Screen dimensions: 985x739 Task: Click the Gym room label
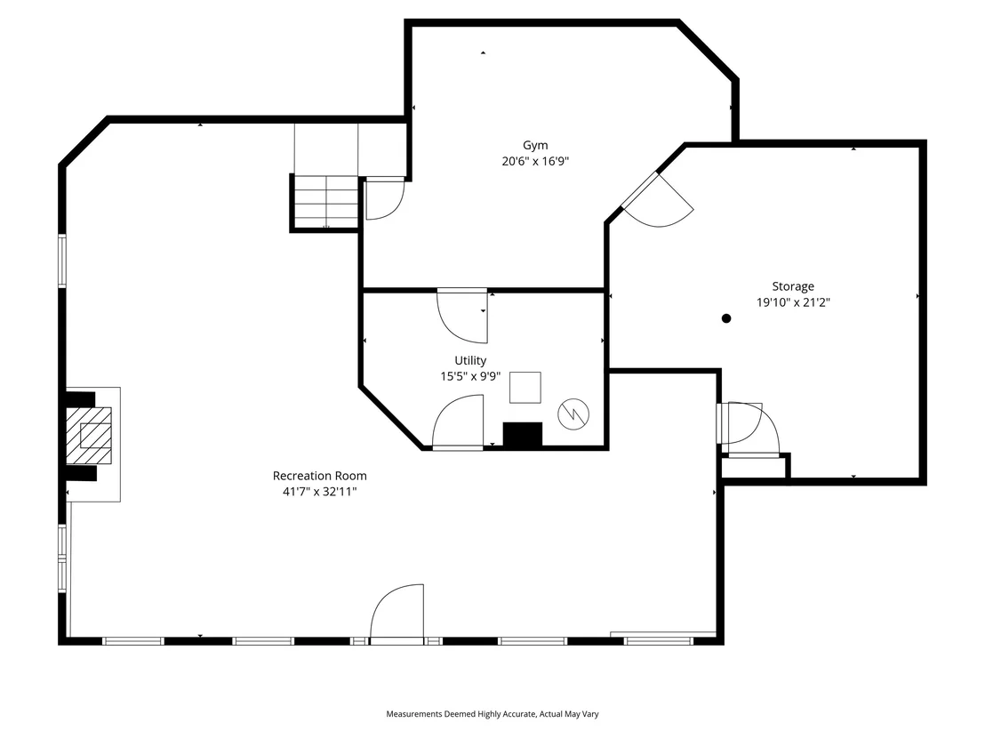pos(535,146)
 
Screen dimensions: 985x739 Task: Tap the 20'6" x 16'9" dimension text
pos(535,162)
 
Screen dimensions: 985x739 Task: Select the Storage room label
pos(793,286)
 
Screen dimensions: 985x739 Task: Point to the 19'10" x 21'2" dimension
pos(793,302)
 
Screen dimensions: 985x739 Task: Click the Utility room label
pos(470,361)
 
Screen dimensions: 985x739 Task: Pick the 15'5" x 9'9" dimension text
pos(470,376)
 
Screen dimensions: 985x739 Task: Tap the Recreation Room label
pos(320,476)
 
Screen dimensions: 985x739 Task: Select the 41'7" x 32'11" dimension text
pos(320,492)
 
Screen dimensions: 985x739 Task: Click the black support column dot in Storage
pos(726,318)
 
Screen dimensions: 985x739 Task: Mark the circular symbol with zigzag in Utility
pos(573,414)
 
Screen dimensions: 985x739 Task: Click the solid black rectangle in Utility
pos(523,435)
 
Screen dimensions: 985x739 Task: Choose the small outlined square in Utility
pos(525,387)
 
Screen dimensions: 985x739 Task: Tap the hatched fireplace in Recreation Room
pos(89,436)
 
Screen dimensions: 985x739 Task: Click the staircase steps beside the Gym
pos(326,202)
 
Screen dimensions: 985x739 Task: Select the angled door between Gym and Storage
pos(656,200)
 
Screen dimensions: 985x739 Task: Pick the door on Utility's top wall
pos(462,316)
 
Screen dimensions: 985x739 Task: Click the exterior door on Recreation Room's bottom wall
pos(397,614)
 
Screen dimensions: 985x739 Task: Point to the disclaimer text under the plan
pos(492,714)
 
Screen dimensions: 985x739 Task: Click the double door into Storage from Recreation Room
pos(749,429)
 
